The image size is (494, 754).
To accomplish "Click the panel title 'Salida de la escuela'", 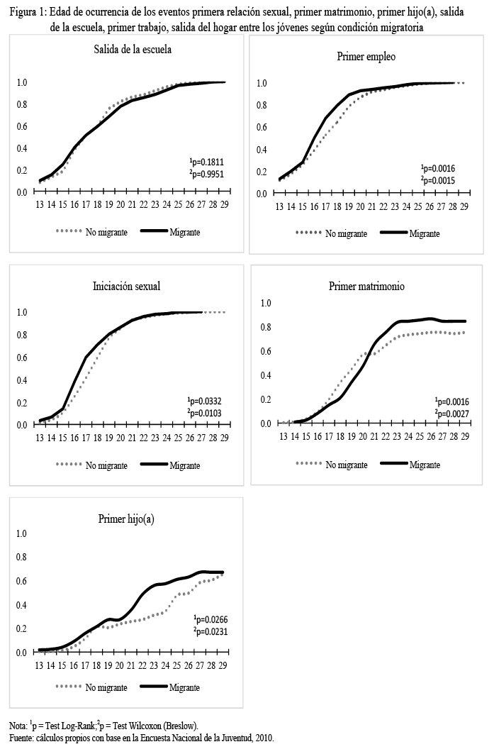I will pyautogui.click(x=133, y=50).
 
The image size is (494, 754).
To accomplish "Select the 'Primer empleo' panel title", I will pyautogui.click(x=366, y=56).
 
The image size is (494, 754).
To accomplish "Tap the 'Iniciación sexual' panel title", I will pyautogui.click(x=127, y=287).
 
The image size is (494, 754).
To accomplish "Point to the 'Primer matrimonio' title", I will pyautogui.click(x=366, y=286).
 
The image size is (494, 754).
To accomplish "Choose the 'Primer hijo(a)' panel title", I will pyautogui.click(x=126, y=519).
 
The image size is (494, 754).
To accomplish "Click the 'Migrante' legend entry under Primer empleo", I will pyautogui.click(x=424, y=233).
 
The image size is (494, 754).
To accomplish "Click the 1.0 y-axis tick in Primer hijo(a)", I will pyautogui.click(x=22, y=533).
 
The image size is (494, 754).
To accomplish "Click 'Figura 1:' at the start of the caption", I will pyautogui.click(x=28, y=13).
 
